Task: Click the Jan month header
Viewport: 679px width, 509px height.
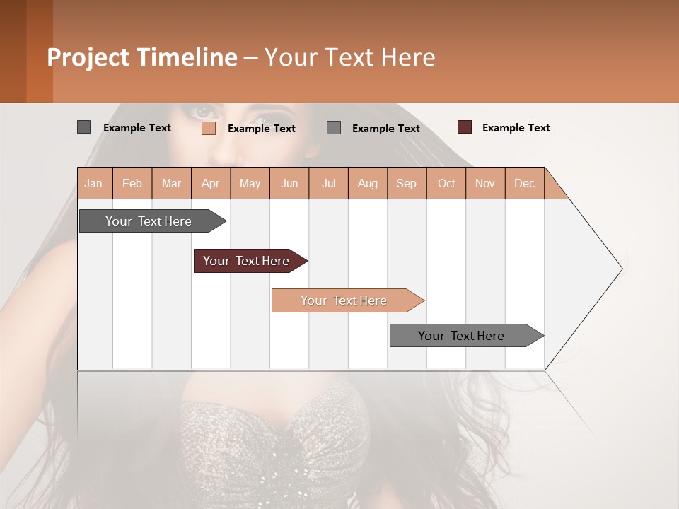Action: (94, 183)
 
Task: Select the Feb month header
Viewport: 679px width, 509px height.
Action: (132, 183)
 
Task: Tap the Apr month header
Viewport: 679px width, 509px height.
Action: (210, 183)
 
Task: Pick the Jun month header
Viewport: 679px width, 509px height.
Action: (289, 183)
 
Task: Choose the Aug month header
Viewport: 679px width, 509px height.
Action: (368, 183)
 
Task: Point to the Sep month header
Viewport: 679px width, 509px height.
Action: (407, 183)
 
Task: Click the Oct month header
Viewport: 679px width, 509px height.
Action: (446, 183)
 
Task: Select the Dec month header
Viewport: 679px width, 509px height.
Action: (525, 183)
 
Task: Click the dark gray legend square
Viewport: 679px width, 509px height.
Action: (83, 127)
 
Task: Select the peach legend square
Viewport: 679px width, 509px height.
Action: (209, 128)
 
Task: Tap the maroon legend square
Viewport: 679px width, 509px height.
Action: (465, 127)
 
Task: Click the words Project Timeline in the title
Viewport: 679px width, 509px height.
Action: (142, 57)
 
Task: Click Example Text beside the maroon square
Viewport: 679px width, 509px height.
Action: (516, 128)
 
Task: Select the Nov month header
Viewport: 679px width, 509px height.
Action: (485, 183)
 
